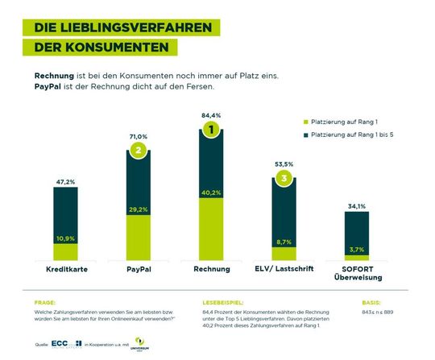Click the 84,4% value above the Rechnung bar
pyautogui.click(x=211, y=115)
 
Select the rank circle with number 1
pyautogui.click(x=211, y=130)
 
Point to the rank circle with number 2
pyautogui.click(x=139, y=150)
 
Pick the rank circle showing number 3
pyautogui.click(x=283, y=178)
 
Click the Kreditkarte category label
pyautogui.click(x=65, y=268)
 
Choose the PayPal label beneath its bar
pyautogui.click(x=139, y=268)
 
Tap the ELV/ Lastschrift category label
pyautogui.click(x=284, y=268)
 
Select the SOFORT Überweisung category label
pyautogui.click(x=356, y=273)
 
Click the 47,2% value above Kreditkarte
pyautogui.click(x=65, y=182)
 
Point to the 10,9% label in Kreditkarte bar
pyautogui.click(x=65, y=238)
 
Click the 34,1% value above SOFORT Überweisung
pyautogui.click(x=356, y=206)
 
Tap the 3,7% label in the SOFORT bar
pyautogui.click(x=356, y=250)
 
